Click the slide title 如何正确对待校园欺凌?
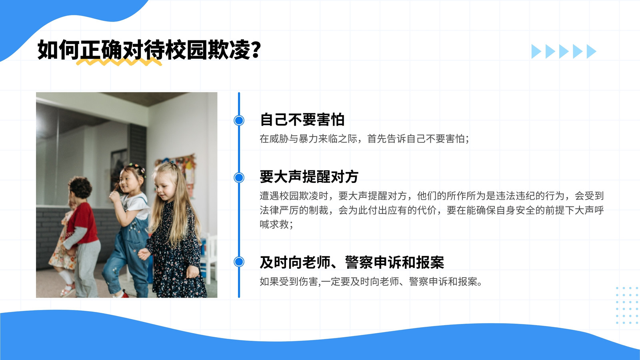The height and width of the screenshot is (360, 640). coord(149,50)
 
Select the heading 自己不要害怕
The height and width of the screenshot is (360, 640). coord(302,120)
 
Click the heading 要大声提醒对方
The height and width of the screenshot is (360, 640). coord(309,176)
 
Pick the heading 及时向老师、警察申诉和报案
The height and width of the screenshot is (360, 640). coord(352,262)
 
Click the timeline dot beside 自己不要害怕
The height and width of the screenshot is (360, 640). coord(239,120)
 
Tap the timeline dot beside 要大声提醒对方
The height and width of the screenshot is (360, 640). coord(239,178)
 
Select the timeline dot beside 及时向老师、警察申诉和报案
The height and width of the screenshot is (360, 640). coord(239,262)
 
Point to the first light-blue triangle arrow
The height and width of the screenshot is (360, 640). coord(536,52)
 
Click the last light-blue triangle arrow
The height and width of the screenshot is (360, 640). coord(592,52)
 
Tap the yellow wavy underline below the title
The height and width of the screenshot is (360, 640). coord(119,62)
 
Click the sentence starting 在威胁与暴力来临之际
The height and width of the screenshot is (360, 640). coord(364,139)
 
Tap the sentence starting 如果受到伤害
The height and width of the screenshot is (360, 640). coord(371,282)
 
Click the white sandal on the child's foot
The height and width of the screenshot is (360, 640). coord(68,290)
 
